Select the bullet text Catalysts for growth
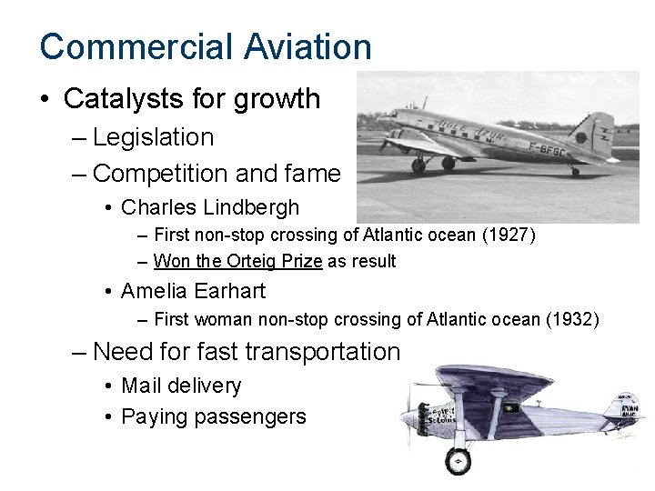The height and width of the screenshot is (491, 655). pyautogui.click(x=192, y=98)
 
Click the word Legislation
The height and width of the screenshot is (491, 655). pyautogui.click(x=154, y=137)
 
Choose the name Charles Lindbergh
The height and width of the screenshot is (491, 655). pyautogui.click(x=210, y=207)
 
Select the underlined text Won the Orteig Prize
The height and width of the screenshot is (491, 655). pyautogui.click(x=238, y=262)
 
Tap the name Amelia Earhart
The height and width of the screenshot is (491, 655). pyautogui.click(x=193, y=291)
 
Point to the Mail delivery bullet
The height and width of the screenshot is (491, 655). pyautogui.click(x=181, y=386)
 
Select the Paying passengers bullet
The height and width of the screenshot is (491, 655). pyautogui.click(x=214, y=417)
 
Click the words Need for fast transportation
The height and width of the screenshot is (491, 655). pyautogui.click(x=247, y=351)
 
